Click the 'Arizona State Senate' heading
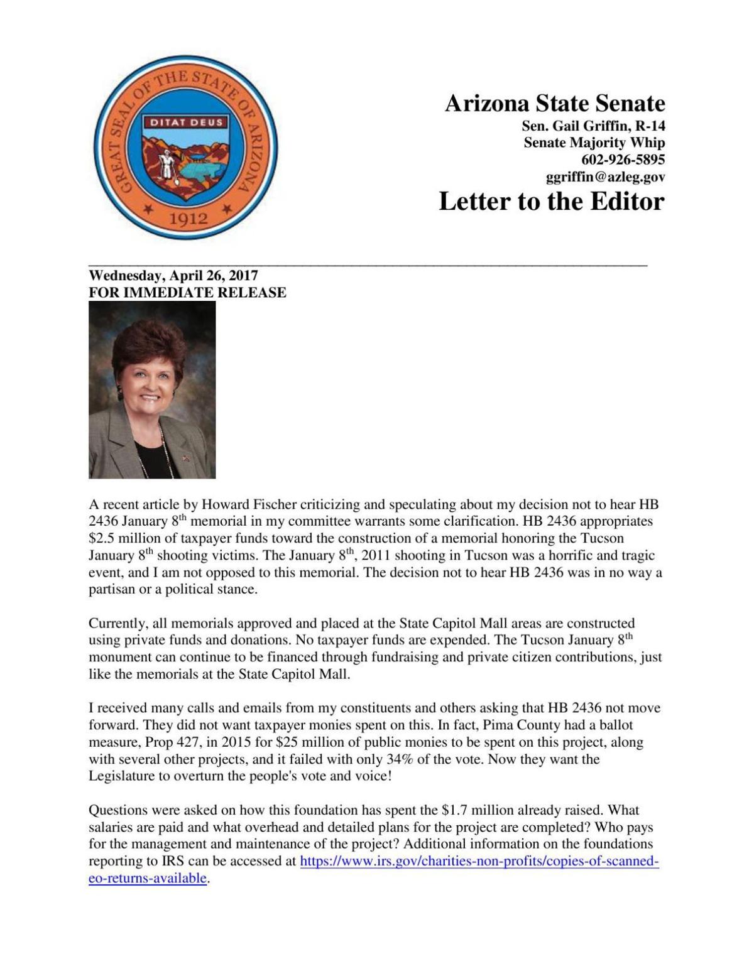coord(554,104)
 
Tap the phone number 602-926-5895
coord(623,160)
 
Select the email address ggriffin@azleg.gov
coord(605,177)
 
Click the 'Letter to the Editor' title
coord(551,202)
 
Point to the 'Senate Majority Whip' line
coord(594,143)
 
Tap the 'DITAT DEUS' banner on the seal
coord(186,122)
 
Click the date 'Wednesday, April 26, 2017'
coord(173,275)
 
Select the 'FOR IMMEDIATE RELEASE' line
coord(187,293)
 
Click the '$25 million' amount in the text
coord(309,742)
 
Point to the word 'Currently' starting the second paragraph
coord(117,624)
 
